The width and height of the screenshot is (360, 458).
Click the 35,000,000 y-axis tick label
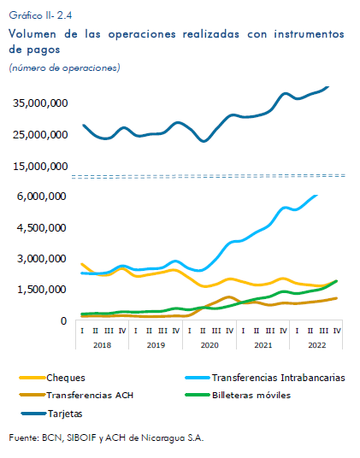pyautogui.click(x=40, y=103)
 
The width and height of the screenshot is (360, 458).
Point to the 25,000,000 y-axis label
pyautogui.click(x=40, y=135)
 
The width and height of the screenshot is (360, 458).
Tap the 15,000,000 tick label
pyautogui.click(x=40, y=167)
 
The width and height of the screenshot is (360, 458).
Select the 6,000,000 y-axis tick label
pyautogui.click(x=42, y=197)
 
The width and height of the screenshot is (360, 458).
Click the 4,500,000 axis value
pyautogui.click(x=42, y=228)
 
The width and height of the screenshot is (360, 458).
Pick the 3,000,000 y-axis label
pyautogui.click(x=42, y=259)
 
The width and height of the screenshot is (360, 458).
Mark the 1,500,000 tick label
pyautogui.click(x=42, y=290)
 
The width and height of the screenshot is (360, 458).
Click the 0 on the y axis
pyautogui.click(x=63, y=321)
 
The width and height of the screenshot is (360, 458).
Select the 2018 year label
pyautogui.click(x=102, y=345)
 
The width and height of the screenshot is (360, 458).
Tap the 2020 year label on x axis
pyautogui.click(x=210, y=345)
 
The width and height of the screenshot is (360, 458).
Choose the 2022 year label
pyautogui.click(x=317, y=345)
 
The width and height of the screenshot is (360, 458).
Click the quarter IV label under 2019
pyautogui.click(x=176, y=331)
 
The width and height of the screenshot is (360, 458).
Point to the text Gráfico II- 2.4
pyautogui.click(x=40, y=15)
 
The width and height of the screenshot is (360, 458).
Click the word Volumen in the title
pyautogui.click(x=32, y=34)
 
